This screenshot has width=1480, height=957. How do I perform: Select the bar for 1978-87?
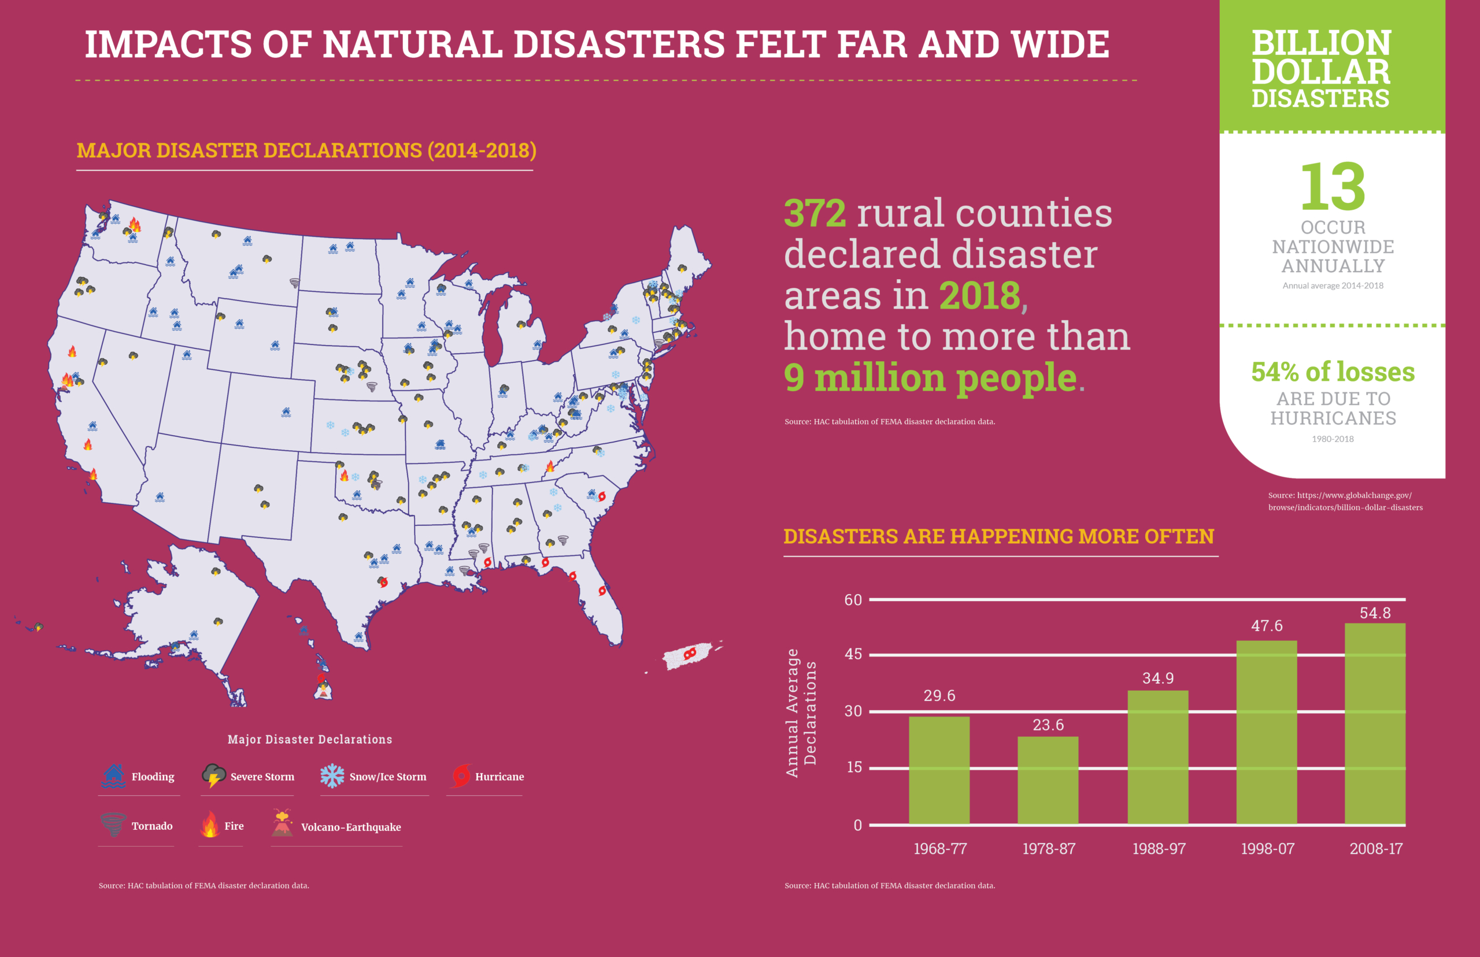[1048, 781]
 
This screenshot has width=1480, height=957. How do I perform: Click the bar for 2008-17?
[1375, 724]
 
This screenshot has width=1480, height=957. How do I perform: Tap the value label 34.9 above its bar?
[1158, 678]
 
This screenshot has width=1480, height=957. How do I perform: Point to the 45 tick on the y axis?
[853, 654]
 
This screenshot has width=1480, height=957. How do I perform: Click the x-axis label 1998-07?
[1267, 849]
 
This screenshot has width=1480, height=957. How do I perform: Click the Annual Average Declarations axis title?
[801, 712]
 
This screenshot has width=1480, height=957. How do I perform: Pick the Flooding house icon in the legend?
[113, 776]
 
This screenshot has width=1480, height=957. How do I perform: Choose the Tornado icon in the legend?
[113, 825]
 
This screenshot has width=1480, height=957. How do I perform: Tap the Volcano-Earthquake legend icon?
[282, 824]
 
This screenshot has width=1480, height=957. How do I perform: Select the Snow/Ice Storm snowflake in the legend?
[332, 776]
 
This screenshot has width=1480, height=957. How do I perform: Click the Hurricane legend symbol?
[461, 776]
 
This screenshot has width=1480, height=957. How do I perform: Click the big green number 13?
[1333, 187]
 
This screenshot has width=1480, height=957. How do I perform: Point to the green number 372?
[814, 213]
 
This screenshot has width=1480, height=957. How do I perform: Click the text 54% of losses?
[1333, 372]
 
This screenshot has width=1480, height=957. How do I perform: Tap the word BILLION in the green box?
[1321, 43]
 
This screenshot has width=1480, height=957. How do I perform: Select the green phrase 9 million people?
[930, 377]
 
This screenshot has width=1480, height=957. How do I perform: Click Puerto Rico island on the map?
[687, 655]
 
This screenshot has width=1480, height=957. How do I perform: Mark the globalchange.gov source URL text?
[1345, 502]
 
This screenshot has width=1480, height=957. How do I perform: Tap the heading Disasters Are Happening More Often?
[998, 536]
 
